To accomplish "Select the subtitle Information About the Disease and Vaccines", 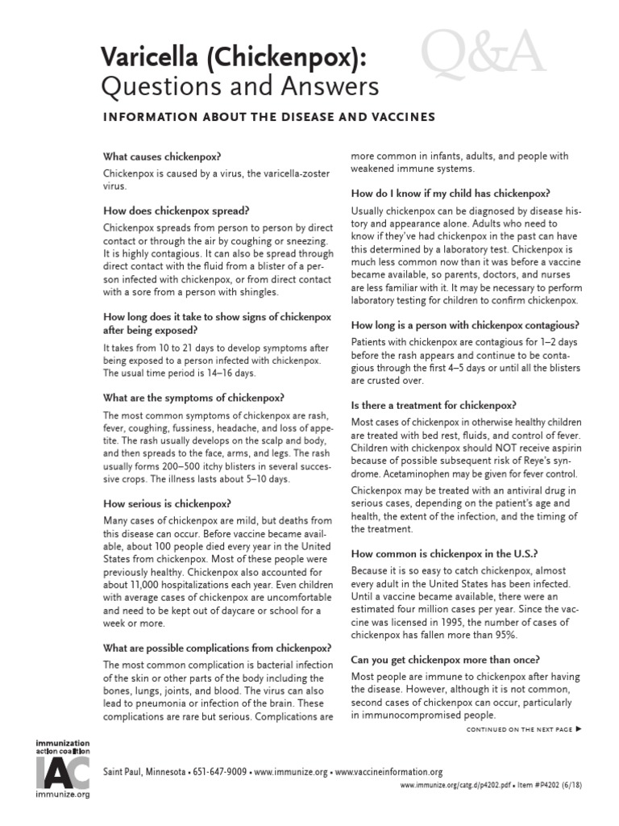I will pyautogui.click(x=268, y=117).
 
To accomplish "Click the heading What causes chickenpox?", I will pyautogui.click(x=162, y=156).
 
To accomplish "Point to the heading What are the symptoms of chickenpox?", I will pyautogui.click(x=193, y=398).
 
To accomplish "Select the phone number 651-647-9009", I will pyautogui.click(x=218, y=772).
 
